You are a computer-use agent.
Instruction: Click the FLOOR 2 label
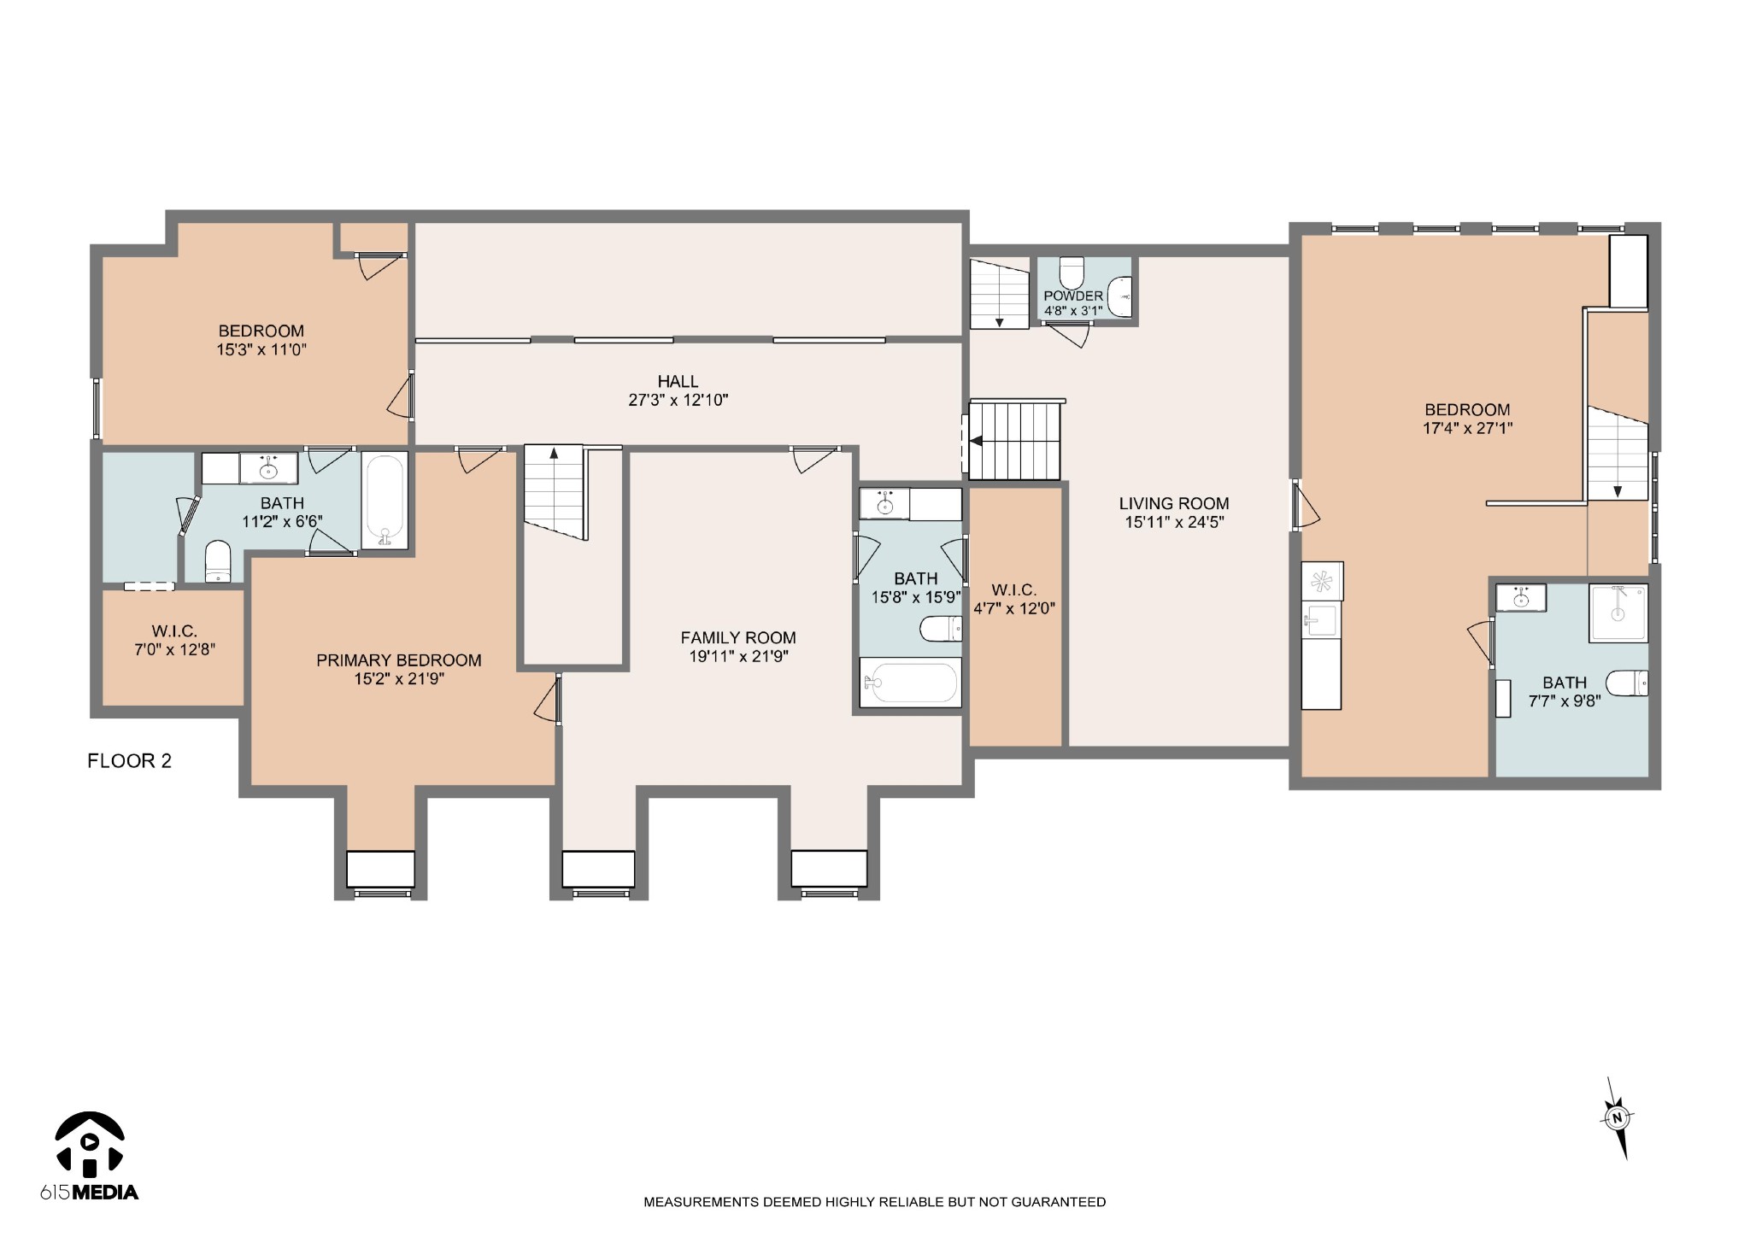pos(129,760)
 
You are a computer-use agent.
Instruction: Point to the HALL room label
pos(678,381)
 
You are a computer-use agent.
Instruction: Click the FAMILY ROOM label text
pos(738,637)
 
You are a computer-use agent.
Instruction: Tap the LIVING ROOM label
pos(1174,503)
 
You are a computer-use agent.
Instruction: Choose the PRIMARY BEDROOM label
pos(399,660)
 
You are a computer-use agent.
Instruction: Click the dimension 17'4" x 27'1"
pos(1467,428)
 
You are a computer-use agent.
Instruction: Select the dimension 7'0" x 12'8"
pos(174,649)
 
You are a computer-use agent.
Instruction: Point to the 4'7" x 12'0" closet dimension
pos(1014,608)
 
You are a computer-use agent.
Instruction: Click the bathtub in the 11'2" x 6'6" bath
pos(385,500)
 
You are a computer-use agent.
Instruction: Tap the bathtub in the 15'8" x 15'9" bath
pos(910,682)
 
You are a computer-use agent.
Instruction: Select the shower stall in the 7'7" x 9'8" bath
pos(1618,613)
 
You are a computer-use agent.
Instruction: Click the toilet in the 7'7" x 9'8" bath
pos(1627,683)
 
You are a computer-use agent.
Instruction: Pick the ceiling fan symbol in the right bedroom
pos(1322,581)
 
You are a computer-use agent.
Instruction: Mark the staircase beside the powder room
pos(999,294)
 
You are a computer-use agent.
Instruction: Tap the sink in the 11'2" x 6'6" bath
pos(268,468)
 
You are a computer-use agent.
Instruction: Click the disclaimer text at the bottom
pos(874,1202)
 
